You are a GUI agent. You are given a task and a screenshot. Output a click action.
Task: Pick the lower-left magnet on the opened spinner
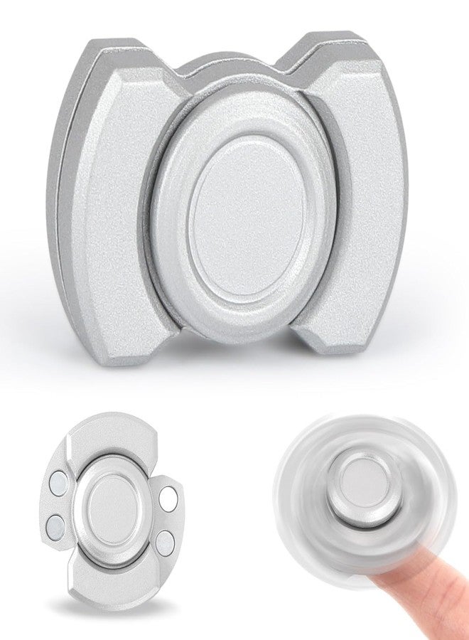[x=55, y=526]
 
